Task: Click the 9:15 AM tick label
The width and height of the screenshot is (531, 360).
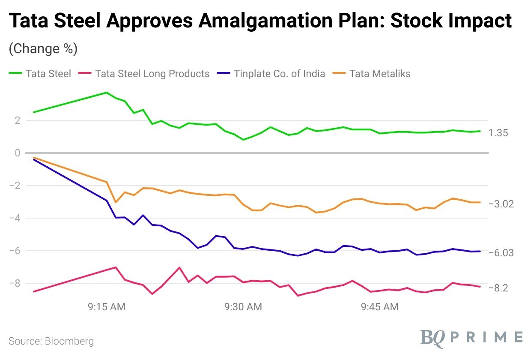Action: tap(107, 307)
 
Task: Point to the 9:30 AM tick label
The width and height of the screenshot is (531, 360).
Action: tap(243, 307)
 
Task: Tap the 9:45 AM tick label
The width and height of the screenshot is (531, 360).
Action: tap(379, 307)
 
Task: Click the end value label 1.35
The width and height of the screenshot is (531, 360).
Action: tap(499, 133)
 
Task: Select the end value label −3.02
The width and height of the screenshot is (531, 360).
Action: tap(501, 204)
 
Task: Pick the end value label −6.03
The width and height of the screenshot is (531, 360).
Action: tap(501, 253)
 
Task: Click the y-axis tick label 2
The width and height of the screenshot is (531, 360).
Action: tap(18, 120)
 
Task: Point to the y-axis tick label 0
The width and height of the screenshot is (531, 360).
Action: tap(18, 153)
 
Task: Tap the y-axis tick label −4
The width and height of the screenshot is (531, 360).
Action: tap(15, 218)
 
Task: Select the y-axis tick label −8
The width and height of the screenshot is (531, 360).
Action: tap(15, 283)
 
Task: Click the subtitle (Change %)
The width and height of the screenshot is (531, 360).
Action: tap(43, 48)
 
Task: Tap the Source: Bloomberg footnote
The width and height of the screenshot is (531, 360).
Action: tap(51, 342)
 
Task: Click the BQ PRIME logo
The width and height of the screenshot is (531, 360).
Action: tap(471, 337)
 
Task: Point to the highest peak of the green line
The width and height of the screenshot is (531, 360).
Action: tap(107, 93)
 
